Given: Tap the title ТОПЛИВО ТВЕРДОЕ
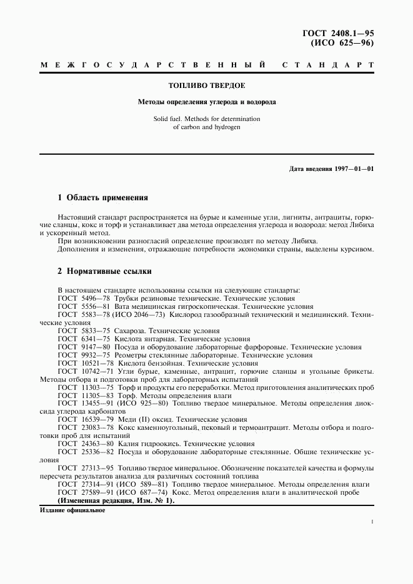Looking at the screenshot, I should [207, 85].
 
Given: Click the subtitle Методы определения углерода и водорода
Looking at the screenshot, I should [207, 101].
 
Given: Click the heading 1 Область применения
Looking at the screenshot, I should [102, 198].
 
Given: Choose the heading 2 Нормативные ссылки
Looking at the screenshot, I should [104, 271].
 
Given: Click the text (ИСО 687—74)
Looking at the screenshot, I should [145, 492].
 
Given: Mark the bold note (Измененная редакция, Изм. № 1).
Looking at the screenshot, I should [116, 500].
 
